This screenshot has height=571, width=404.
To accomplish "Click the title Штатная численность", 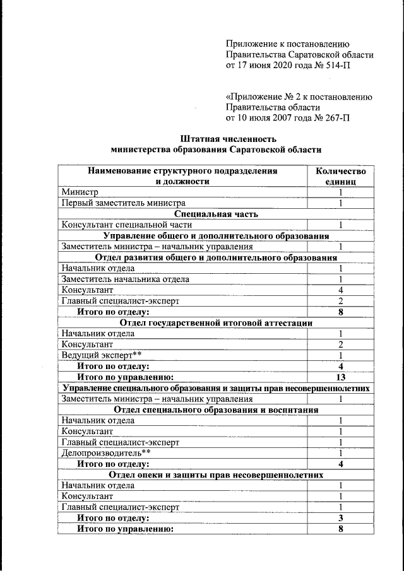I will coord(215,139).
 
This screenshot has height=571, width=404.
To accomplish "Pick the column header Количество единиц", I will coord(340,176).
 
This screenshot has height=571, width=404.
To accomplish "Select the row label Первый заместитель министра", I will coord(123,203).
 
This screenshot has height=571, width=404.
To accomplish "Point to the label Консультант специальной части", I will coord(126,225).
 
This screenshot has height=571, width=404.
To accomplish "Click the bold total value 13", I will coord(340,377).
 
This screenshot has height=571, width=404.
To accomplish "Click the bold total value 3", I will coord(340,519).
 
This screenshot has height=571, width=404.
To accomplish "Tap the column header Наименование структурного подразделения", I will coord(182,170).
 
